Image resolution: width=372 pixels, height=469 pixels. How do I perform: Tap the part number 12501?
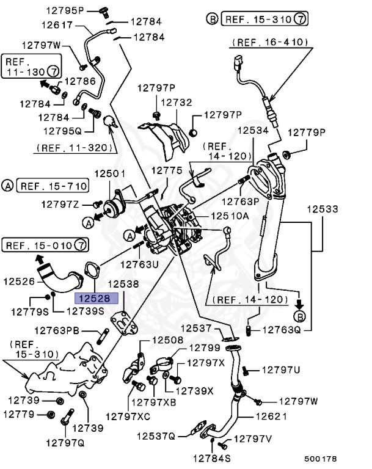tap(110, 174)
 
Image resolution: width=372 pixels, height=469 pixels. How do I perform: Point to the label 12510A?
tap(230, 216)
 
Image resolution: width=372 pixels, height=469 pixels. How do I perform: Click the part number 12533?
tap(323, 209)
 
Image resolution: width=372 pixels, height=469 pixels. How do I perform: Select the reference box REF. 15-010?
tap(40, 245)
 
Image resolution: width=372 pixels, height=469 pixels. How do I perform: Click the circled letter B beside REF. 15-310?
tap(213, 19)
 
